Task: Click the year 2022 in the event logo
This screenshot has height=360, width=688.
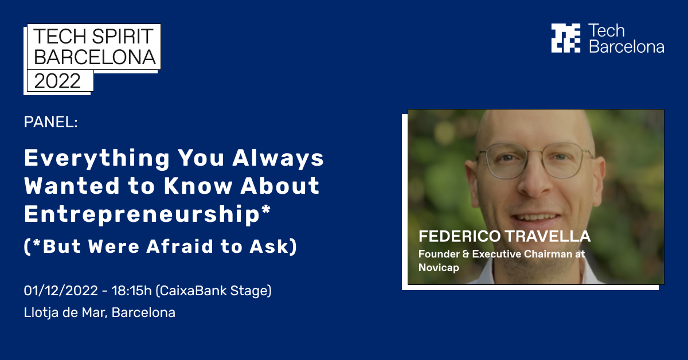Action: click(58, 81)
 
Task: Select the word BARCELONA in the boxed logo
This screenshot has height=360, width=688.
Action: click(95, 57)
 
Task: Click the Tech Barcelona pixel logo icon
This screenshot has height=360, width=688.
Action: click(565, 38)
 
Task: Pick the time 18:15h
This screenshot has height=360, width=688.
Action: click(134, 291)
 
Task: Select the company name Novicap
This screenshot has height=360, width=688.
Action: click(439, 267)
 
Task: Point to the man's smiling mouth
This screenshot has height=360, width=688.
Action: click(535, 217)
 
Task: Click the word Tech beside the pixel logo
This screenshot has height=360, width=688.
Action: click(607, 31)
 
